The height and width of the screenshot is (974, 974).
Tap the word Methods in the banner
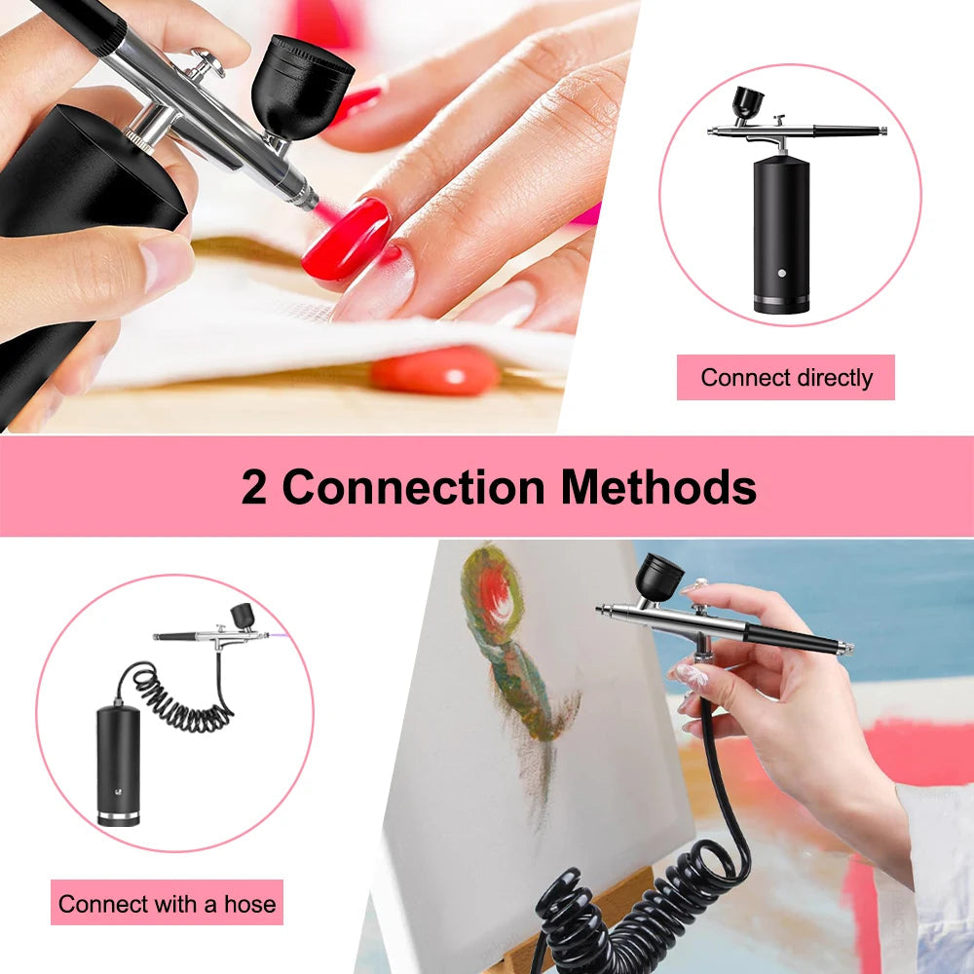pyautogui.click(x=657, y=487)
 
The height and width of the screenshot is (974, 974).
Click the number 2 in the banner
pyautogui.click(x=254, y=487)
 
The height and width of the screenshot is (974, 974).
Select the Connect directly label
pyautogui.click(x=786, y=378)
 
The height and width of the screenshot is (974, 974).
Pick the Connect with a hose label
pyautogui.click(x=167, y=903)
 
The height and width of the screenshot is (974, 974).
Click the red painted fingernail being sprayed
pyautogui.click(x=346, y=239)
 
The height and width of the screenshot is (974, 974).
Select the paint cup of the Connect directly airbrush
pyautogui.click(x=748, y=101)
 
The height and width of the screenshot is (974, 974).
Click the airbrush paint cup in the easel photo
pyautogui.click(x=659, y=577)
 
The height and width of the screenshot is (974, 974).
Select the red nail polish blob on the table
pyautogui.click(x=434, y=371)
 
